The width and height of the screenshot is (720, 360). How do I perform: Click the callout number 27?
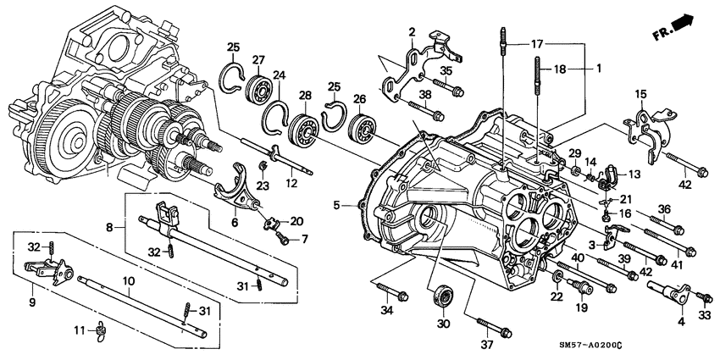pyautogui.click(x=258, y=59)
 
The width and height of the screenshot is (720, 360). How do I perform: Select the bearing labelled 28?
pyautogui.click(x=304, y=133)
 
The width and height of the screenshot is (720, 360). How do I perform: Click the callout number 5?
pyautogui.click(x=337, y=204)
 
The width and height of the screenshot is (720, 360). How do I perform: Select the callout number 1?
pyautogui.click(x=598, y=68)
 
